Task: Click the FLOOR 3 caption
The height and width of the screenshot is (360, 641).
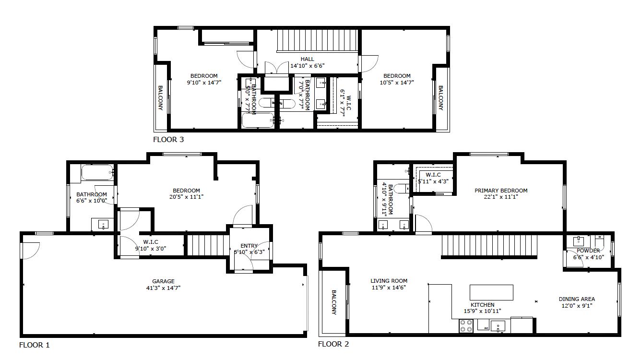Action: (x=168, y=140)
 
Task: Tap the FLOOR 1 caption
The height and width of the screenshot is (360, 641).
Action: (x=34, y=345)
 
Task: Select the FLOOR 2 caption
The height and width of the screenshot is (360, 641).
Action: (x=333, y=344)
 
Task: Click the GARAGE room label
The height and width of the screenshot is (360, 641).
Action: (x=164, y=281)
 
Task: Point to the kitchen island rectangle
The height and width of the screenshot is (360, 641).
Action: (x=491, y=292)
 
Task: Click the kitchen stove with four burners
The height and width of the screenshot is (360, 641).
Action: (x=466, y=326)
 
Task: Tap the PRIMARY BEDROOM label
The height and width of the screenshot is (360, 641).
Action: (x=500, y=191)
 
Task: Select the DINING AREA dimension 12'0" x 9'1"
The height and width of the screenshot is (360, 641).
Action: (x=577, y=305)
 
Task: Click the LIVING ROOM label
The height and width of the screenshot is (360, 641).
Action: (x=389, y=281)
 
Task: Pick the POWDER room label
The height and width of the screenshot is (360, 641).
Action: (x=588, y=251)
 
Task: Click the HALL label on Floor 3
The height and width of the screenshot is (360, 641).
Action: (x=308, y=59)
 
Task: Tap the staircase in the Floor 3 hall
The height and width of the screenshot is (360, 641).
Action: (x=318, y=40)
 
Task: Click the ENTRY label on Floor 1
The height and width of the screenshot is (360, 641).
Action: (x=249, y=246)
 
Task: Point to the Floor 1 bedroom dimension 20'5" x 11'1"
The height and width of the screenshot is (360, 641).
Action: (x=186, y=197)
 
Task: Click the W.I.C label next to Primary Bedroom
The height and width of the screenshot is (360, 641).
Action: (x=429, y=175)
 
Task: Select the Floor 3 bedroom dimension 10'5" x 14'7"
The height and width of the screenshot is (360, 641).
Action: (x=397, y=82)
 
